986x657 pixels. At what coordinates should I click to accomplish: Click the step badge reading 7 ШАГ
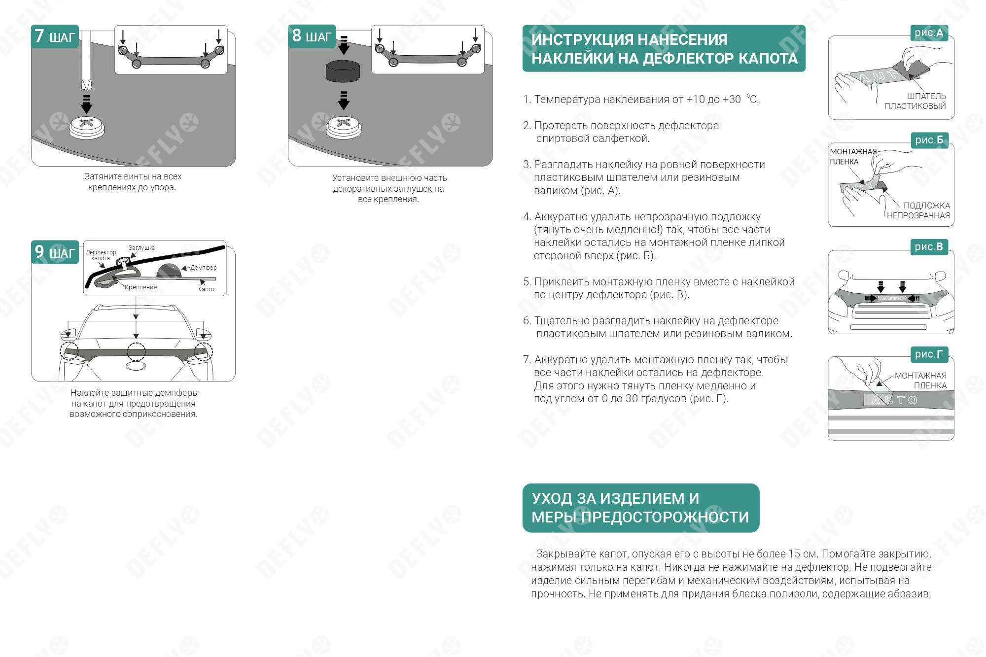click(x=55, y=36)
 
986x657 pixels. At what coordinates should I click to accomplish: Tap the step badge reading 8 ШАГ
click(x=312, y=36)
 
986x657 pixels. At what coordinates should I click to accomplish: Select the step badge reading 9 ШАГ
click(x=55, y=252)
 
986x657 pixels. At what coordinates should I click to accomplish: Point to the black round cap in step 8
click(x=343, y=70)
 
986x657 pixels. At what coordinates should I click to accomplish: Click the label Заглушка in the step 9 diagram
click(x=141, y=248)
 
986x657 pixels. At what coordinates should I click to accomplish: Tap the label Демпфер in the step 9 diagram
click(x=203, y=268)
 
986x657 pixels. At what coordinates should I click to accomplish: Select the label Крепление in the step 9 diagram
click(x=141, y=287)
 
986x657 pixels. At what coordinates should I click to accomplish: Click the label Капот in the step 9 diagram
click(x=206, y=289)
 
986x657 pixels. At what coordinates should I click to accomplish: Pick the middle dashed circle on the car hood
click(x=136, y=351)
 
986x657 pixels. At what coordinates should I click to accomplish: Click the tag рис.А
click(x=929, y=33)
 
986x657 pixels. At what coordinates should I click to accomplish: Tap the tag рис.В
click(x=929, y=247)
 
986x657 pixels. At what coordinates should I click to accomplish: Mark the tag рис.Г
click(x=929, y=354)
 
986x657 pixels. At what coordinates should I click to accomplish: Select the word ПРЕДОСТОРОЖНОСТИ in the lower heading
click(x=665, y=517)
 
